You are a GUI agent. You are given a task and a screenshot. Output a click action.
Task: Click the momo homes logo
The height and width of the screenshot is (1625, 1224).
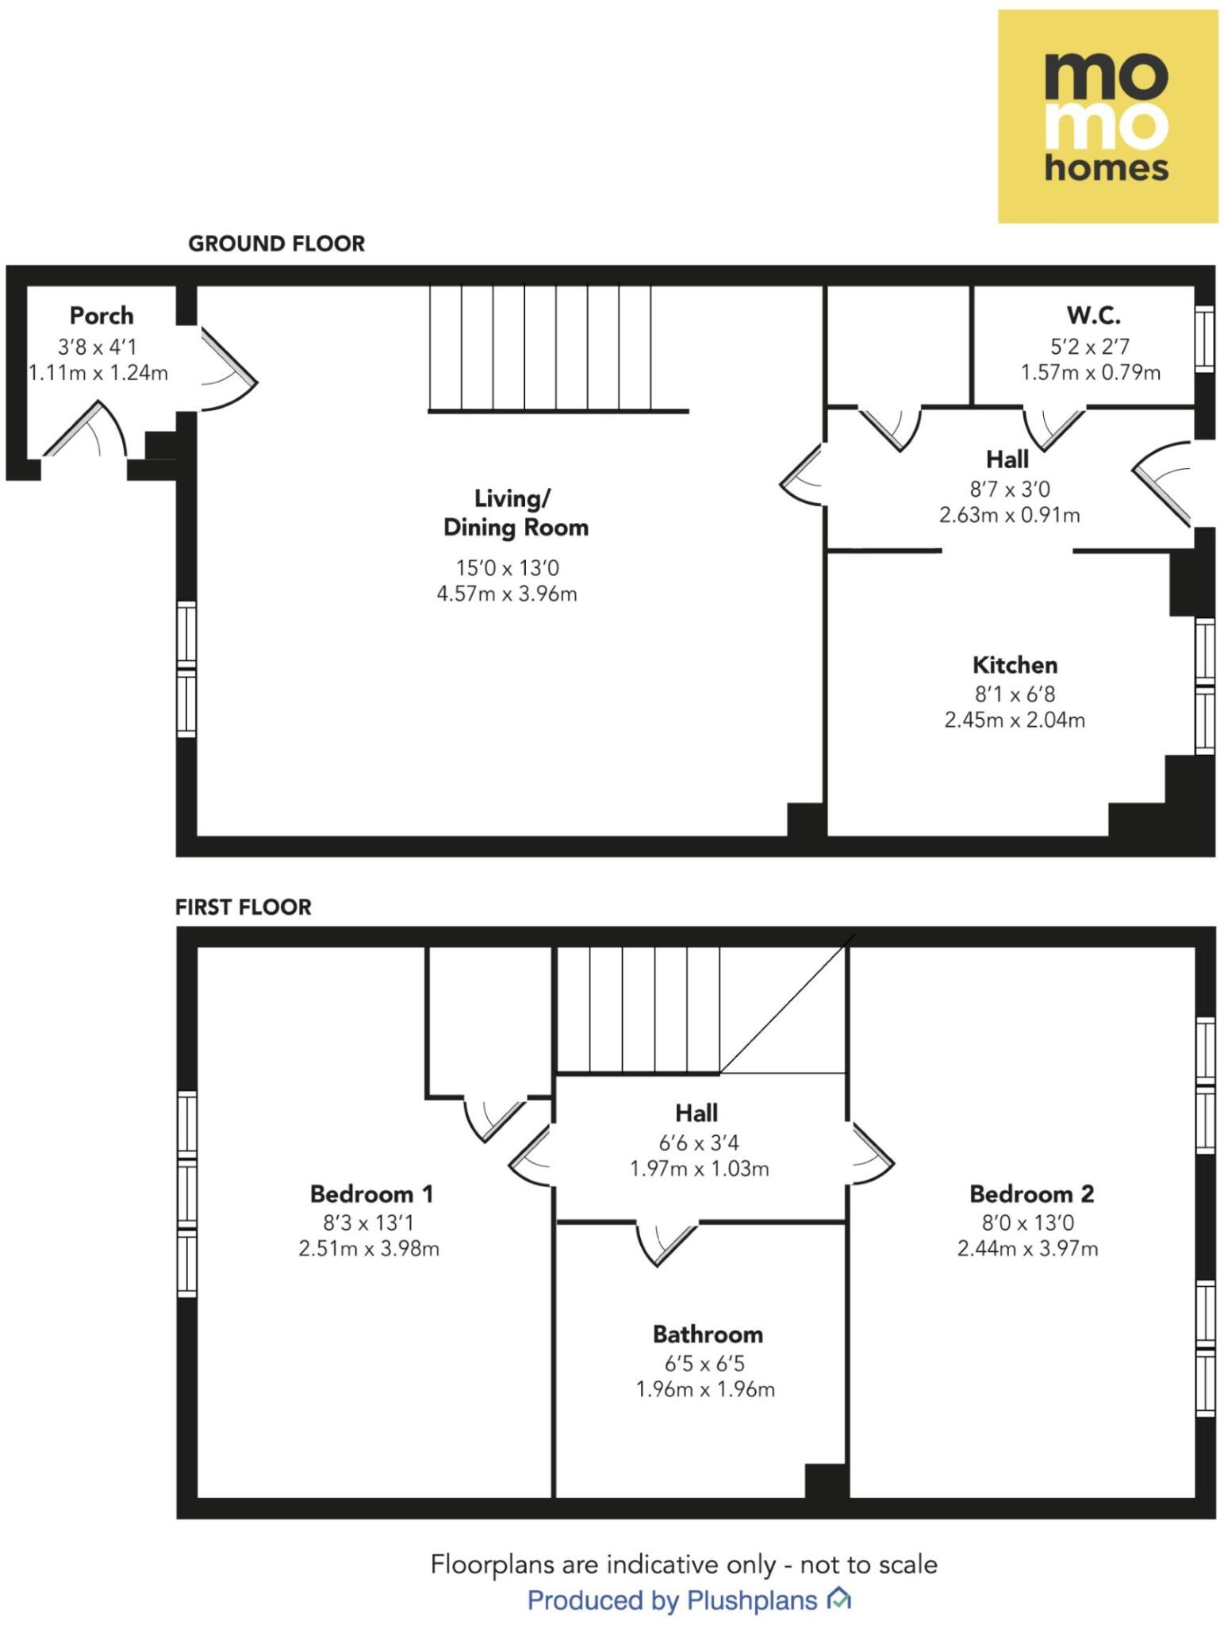pyautogui.click(x=1107, y=117)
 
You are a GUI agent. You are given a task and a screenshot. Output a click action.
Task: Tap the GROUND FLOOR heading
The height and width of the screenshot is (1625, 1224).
pyautogui.click(x=276, y=244)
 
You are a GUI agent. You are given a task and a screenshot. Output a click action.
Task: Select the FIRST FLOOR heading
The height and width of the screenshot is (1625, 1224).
pyautogui.click(x=243, y=907)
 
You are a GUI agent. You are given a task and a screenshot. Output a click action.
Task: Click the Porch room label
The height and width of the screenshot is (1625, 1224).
pyautogui.click(x=102, y=316)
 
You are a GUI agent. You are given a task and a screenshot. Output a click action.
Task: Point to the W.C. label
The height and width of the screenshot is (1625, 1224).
pyautogui.click(x=1093, y=316)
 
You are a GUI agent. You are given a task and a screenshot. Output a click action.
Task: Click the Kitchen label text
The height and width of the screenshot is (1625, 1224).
pyautogui.click(x=1015, y=665)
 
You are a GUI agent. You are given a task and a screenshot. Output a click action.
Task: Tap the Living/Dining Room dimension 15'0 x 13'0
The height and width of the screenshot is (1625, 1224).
pyautogui.click(x=507, y=568)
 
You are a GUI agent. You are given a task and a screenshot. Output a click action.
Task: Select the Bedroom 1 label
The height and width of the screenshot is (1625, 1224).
pyautogui.click(x=371, y=1193)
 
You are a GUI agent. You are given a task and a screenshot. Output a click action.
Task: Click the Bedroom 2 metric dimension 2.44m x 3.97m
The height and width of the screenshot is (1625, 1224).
pyautogui.click(x=1027, y=1248)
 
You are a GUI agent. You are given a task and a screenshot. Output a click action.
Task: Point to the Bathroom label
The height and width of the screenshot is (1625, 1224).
pyautogui.click(x=708, y=1334)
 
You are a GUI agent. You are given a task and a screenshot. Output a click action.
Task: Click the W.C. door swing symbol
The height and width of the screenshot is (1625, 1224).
pyautogui.click(x=1053, y=427)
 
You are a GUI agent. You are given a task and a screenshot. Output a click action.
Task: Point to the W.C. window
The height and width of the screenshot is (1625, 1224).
pyautogui.click(x=1203, y=339)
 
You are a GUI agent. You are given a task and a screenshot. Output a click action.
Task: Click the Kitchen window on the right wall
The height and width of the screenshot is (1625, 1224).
pyautogui.click(x=1203, y=686)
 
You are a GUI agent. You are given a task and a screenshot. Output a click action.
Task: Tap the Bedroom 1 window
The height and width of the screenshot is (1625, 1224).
pyautogui.click(x=186, y=1193)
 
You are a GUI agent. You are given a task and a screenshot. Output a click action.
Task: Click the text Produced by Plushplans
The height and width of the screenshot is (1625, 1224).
pyautogui.click(x=673, y=1600)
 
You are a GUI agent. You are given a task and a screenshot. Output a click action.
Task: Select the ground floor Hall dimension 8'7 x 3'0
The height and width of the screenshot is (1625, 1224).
pyautogui.click(x=1009, y=490)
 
